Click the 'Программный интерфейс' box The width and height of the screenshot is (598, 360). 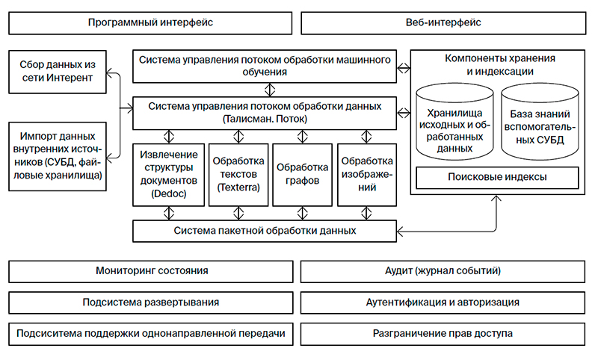pyautogui.click(x=150, y=23)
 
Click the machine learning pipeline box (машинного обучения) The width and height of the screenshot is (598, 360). pyautogui.click(x=265, y=66)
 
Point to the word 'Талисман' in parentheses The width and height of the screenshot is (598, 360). pyautogui.click(x=246, y=119)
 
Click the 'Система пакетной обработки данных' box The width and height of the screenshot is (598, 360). pyautogui.click(x=265, y=231)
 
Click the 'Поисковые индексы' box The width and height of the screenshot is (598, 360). pyautogui.click(x=497, y=178)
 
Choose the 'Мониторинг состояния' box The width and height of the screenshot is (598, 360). pyautogui.click(x=150, y=271)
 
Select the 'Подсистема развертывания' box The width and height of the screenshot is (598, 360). pyautogui.click(x=150, y=302)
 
